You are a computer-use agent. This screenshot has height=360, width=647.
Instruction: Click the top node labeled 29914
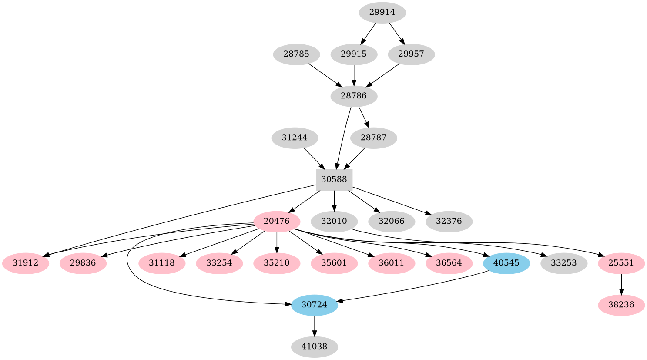tap(382, 12)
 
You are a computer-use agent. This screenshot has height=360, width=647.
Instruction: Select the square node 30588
tap(334, 179)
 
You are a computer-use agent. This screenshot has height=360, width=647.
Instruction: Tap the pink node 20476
tap(276, 221)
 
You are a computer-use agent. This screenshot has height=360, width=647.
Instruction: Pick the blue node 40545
tap(506, 263)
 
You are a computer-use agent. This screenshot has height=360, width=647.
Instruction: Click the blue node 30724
tap(314, 305)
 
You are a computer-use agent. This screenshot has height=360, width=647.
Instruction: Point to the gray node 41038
tap(314, 347)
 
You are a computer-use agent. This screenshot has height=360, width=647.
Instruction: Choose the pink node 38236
tap(621, 305)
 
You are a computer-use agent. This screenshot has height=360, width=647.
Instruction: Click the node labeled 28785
tap(296, 54)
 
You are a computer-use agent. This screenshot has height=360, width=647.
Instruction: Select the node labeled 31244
tap(295, 138)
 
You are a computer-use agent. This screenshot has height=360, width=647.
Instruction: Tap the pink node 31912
tap(25, 263)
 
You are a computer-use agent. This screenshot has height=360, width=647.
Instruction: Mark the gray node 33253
tap(563, 263)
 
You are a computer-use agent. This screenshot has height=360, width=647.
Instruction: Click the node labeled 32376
tap(449, 221)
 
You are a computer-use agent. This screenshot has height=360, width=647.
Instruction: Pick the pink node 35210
tap(276, 263)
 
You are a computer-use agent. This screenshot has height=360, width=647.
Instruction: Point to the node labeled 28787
tap(373, 138)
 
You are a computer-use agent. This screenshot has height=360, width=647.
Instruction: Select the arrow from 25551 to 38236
tap(621, 284)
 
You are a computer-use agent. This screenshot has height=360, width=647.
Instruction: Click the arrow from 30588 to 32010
tap(334, 200)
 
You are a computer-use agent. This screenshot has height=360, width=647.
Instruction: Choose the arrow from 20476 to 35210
tap(276, 242)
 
